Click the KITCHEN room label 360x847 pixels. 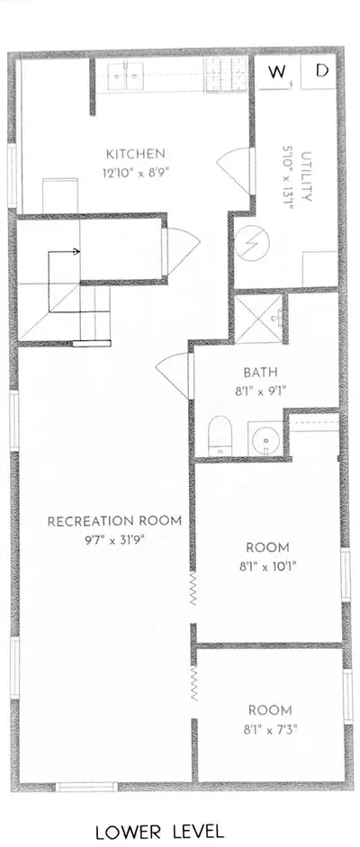coord(135,154)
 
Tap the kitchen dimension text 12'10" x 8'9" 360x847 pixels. coord(136,174)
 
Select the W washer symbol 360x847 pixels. coord(276,72)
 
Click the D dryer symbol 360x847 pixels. coord(321,71)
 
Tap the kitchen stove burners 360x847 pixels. coord(225,74)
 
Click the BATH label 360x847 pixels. coord(261,372)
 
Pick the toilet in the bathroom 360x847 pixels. coord(220,436)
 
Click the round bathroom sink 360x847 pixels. coord(265,439)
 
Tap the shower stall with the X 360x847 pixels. coord(258,320)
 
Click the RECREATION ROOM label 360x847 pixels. coord(114,521)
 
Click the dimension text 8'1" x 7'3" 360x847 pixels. coord(269,729)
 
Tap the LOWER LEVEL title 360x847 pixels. coord(160,830)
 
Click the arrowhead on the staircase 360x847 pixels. coord(76,251)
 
